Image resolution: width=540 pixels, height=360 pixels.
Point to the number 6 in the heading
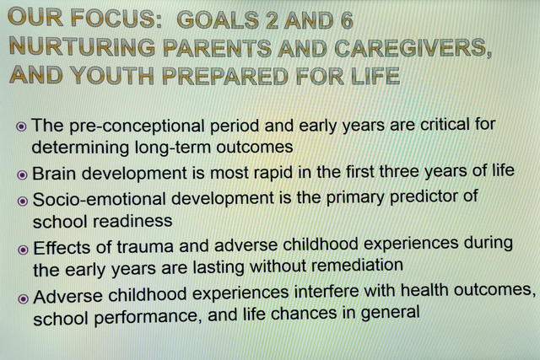pos(347,20)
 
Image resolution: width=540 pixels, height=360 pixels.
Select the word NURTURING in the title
pos(83,47)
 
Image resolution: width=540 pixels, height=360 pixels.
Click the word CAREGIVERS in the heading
pos(413,48)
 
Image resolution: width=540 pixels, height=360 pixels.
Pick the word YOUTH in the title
pos(111,75)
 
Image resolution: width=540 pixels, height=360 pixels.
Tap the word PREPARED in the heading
pos(225,76)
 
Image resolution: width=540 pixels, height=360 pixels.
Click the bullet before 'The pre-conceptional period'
pos(21,126)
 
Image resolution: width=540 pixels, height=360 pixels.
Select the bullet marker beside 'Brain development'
pos(22,175)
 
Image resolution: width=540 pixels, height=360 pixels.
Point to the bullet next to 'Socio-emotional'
pos(23,201)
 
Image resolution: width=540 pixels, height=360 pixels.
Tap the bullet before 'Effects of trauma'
pos(23,250)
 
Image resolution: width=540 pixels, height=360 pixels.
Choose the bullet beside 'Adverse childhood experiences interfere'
pos(23,298)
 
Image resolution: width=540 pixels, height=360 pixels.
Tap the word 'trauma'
pos(145,247)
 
